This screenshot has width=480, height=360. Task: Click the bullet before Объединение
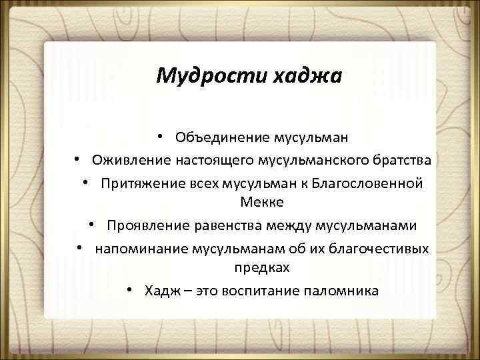tap(162, 137)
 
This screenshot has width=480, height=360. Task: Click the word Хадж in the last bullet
tap(160, 291)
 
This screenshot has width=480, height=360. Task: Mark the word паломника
tap(341, 291)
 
